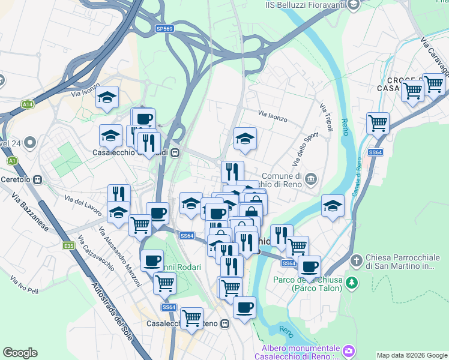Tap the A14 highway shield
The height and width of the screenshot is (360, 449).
[27, 104]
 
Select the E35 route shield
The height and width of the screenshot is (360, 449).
[69, 245]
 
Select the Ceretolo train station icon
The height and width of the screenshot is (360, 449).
[38, 179]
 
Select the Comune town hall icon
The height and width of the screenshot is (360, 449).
[311, 179]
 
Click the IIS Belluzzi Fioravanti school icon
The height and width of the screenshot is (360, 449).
[354, 5]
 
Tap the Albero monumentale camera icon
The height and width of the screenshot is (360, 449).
[349, 349]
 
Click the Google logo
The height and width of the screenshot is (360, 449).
[20, 353]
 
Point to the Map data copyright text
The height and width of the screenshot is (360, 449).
[412, 355]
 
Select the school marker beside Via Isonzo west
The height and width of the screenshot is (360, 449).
[107, 98]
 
